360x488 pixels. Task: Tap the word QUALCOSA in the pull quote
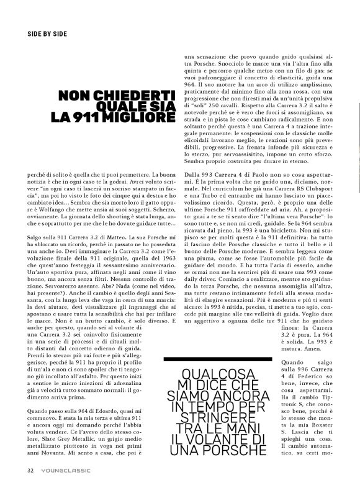[x=215, y=375]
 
